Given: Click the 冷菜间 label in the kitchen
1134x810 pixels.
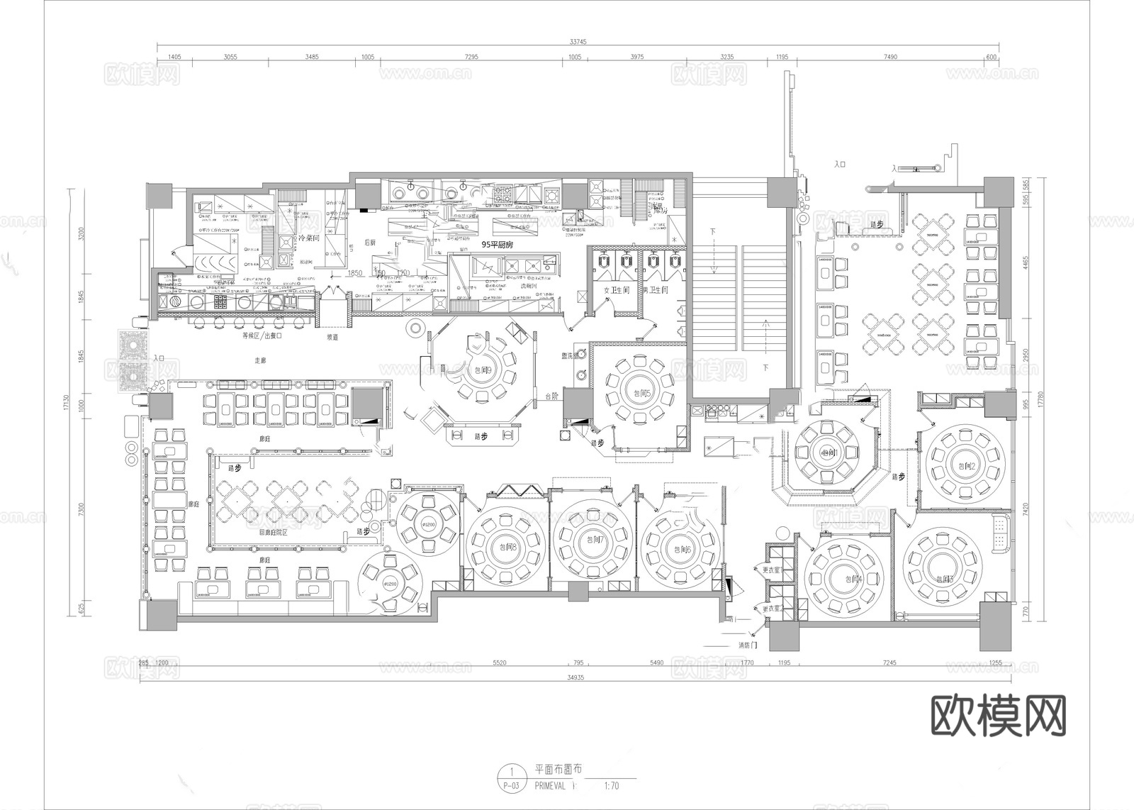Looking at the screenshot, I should (x=309, y=238).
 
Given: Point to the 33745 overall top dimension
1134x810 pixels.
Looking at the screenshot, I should (x=578, y=42).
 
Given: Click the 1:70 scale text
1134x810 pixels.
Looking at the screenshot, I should (x=611, y=785).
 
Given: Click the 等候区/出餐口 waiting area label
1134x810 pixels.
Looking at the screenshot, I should (x=262, y=336).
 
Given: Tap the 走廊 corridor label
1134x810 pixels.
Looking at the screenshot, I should (x=260, y=360).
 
